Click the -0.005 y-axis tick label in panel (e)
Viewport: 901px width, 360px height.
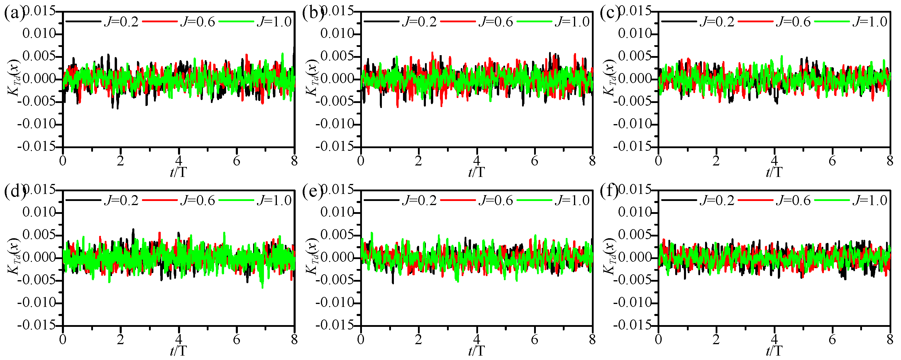335,280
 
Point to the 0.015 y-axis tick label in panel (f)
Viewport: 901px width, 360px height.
635,190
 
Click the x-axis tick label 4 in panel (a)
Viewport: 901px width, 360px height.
179,161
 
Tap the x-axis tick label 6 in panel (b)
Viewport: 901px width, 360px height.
534,161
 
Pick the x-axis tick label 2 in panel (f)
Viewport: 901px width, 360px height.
716,339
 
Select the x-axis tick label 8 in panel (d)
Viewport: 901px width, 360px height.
294,339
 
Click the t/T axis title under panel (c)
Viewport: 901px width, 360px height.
774,173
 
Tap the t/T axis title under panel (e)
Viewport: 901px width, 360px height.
476,351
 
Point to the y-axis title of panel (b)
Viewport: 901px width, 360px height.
311,78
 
